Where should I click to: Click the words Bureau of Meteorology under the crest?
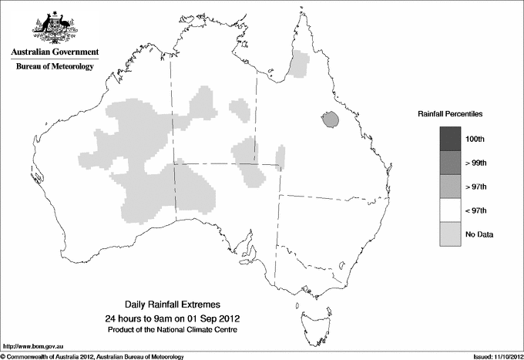tap(54, 67)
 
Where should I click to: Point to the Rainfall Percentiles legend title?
tap(450, 113)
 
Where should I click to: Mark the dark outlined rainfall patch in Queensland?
tap(331, 120)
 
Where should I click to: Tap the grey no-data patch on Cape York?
tap(299, 65)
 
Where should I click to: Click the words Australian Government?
tap(54, 52)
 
